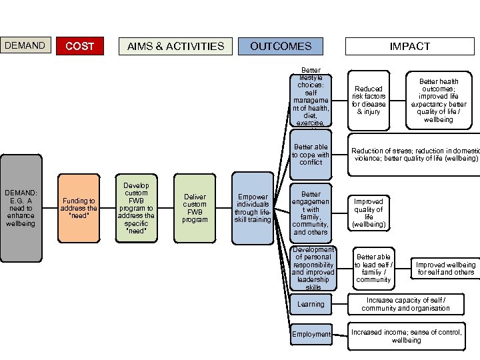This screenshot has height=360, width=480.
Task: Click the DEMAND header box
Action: point(25,45)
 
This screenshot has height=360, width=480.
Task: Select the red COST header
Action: point(80,46)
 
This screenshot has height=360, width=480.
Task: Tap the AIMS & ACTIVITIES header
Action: point(176,46)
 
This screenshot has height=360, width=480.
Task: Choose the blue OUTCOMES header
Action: point(281,46)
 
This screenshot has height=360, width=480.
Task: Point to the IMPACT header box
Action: point(410,46)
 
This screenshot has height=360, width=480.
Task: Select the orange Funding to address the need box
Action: point(79,207)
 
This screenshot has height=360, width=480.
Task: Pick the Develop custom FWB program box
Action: point(136,207)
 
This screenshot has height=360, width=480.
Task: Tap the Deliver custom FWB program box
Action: point(195,207)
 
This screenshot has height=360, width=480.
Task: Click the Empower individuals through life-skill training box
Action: point(253,207)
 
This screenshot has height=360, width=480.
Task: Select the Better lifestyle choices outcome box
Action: point(311,97)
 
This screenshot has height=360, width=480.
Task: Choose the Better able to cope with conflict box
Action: point(311,155)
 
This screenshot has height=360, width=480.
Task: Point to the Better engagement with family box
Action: point(311,213)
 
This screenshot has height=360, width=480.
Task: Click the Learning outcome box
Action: point(311,304)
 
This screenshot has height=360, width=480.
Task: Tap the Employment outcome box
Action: point(311,334)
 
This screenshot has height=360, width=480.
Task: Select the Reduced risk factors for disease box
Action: point(369,100)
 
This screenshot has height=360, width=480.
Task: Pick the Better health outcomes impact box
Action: point(438,101)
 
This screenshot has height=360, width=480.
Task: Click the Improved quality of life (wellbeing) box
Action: point(369,213)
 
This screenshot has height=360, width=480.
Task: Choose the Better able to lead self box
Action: point(373,268)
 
